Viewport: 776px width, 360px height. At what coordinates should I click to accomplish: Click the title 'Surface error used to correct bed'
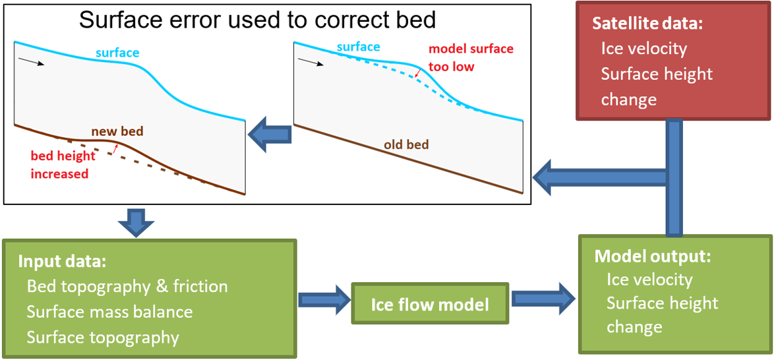[258, 20]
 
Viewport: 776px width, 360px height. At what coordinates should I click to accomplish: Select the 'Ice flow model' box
[430, 303]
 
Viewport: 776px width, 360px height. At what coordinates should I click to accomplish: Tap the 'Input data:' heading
[62, 262]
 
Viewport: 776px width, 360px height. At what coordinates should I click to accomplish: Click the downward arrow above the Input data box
[135, 221]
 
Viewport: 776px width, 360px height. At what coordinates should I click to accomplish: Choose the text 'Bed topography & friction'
[127, 286]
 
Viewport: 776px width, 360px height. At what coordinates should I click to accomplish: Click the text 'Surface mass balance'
[110, 312]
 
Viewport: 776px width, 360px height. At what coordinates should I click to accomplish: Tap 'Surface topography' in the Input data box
[102, 338]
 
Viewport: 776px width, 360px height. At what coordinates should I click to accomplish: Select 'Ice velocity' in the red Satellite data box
[644, 49]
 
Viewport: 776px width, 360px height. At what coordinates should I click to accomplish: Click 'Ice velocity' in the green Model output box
[649, 280]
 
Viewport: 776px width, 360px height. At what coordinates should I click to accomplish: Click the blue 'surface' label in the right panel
[359, 47]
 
